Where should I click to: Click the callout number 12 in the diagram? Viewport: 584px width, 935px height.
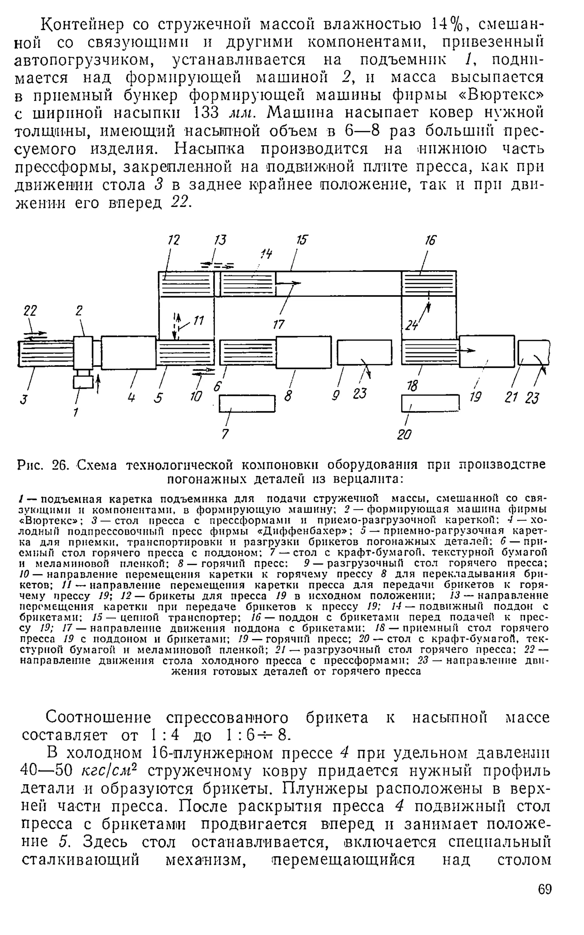(174, 241)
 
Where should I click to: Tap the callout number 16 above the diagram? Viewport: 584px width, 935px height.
(430, 241)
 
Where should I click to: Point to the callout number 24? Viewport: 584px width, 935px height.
(412, 326)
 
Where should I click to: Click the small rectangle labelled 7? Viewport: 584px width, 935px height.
(247, 404)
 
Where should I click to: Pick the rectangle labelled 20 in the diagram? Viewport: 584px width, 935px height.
(430, 403)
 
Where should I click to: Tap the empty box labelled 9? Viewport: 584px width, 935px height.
(364, 352)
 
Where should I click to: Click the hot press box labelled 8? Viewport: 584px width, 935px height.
(304, 352)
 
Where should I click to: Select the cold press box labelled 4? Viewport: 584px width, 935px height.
(128, 352)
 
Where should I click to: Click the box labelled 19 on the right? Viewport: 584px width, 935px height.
(487, 351)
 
